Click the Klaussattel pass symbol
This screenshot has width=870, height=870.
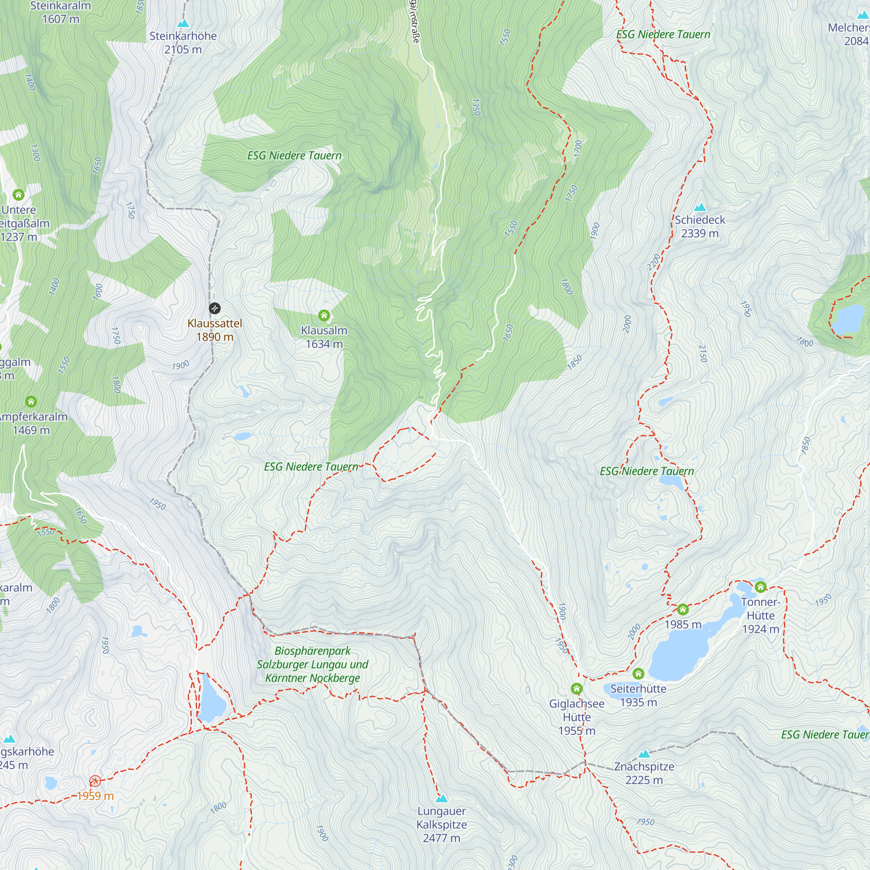point(215,308)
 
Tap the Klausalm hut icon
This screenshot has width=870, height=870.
point(324,316)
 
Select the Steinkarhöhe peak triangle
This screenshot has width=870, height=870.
point(183,23)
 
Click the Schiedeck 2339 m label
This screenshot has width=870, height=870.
point(700,227)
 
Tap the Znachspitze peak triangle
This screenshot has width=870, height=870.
point(644,754)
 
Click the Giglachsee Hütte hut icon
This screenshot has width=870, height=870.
point(577,689)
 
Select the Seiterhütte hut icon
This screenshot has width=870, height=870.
point(639,674)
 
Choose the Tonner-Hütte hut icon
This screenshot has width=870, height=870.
point(760,587)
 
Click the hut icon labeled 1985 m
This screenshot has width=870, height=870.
point(683,610)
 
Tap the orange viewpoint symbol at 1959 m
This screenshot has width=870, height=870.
point(95,781)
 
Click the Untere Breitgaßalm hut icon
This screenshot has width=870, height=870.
point(18,194)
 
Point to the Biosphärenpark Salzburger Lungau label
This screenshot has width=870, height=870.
point(312,664)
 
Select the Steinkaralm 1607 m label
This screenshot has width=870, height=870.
point(60,12)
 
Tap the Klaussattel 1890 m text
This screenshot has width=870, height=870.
point(215,330)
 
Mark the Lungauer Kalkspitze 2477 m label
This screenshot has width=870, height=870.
point(441,824)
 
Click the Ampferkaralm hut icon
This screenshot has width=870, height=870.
point(31,401)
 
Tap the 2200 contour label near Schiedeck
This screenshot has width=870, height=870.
point(654,262)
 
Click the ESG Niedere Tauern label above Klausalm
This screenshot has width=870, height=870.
point(294,156)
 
